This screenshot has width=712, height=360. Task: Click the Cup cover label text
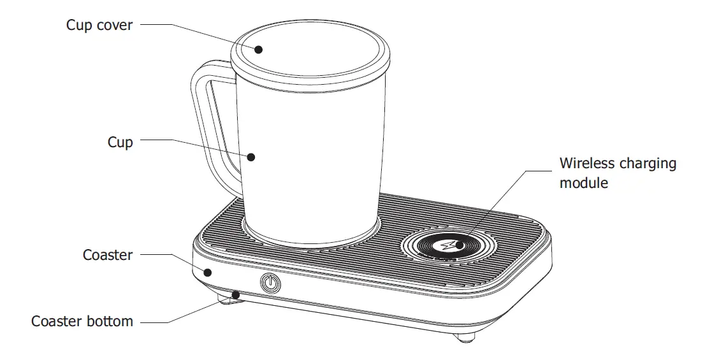pyautogui.click(x=99, y=25)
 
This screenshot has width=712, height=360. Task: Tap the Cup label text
pyautogui.click(x=120, y=141)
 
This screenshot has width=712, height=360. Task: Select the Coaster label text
pyautogui.click(x=108, y=256)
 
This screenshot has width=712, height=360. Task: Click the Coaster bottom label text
pyautogui.click(x=82, y=321)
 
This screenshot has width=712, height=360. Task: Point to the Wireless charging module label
pyautogui.click(x=617, y=173)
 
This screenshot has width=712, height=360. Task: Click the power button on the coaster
pyautogui.click(x=270, y=282)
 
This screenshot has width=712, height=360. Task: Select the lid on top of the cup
pyautogui.click(x=310, y=54)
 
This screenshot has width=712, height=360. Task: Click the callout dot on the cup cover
pyautogui.click(x=258, y=48)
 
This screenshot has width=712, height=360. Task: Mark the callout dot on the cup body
pyautogui.click(x=251, y=156)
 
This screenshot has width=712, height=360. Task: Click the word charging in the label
pyautogui.click(x=648, y=164)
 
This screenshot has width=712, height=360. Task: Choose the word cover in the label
pyautogui.click(x=116, y=25)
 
